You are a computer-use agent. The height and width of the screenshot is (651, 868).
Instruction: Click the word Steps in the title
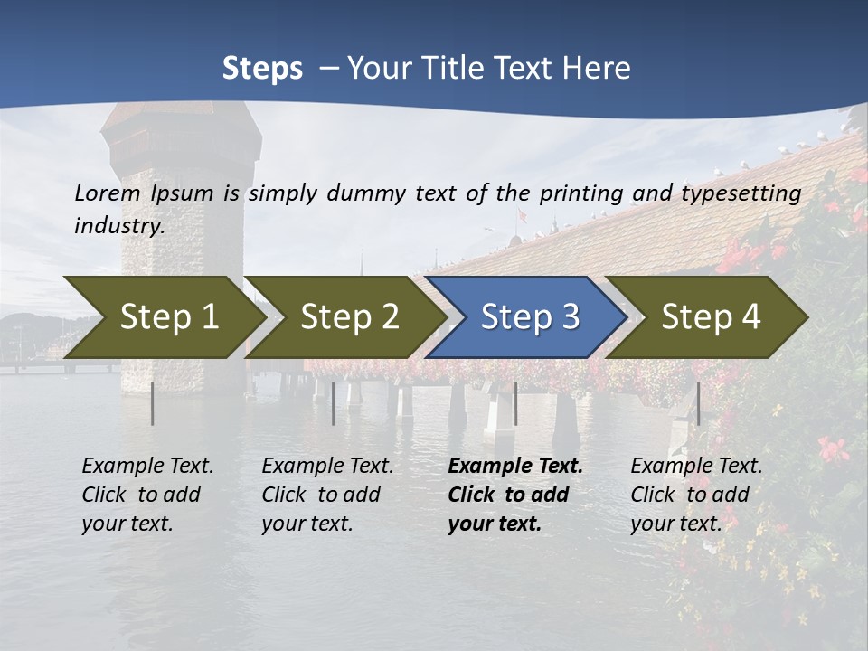pyautogui.click(x=262, y=69)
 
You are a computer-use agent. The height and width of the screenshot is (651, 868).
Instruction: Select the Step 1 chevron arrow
pyautogui.click(x=163, y=317)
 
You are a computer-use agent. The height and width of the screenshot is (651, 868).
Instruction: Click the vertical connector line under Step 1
pyautogui.click(x=153, y=403)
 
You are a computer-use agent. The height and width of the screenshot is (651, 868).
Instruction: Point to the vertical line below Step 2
pyautogui.click(x=334, y=403)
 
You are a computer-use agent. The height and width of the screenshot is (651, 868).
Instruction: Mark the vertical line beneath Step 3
pyautogui.click(x=515, y=403)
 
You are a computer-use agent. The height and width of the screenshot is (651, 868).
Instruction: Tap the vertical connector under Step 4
pyautogui.click(x=698, y=403)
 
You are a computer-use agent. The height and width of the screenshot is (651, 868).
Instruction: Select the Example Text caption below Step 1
pyautogui.click(x=147, y=495)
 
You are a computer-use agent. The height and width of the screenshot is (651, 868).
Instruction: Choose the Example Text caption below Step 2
pyautogui.click(x=327, y=495)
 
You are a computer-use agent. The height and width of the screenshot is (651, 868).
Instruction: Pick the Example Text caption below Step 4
pyautogui.click(x=696, y=495)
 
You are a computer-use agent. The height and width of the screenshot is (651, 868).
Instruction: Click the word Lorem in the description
pyautogui.click(x=108, y=193)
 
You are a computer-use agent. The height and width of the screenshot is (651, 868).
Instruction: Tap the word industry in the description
pyautogui.click(x=118, y=225)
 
